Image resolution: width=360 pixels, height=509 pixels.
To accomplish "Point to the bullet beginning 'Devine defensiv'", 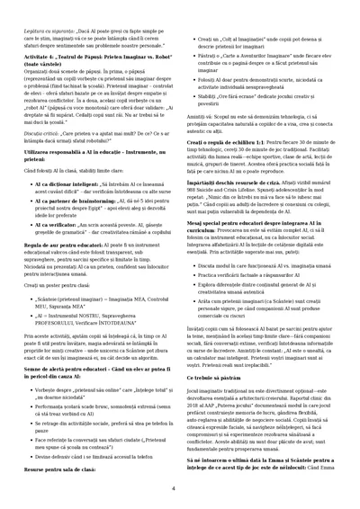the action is tap(90, 457).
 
